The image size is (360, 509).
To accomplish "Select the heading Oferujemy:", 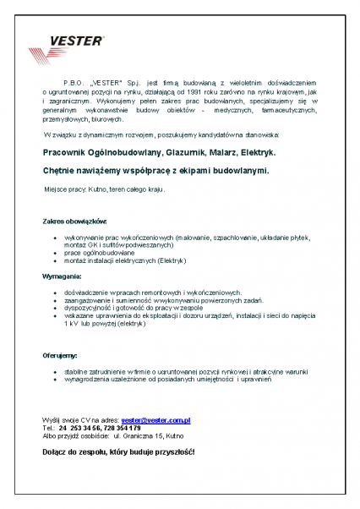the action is [x=61, y=356].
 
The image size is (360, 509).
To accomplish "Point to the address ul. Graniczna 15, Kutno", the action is [x=144, y=436].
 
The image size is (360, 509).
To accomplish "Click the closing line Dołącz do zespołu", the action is [x=118, y=453].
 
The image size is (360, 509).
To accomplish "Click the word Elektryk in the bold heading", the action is [x=259, y=153].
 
